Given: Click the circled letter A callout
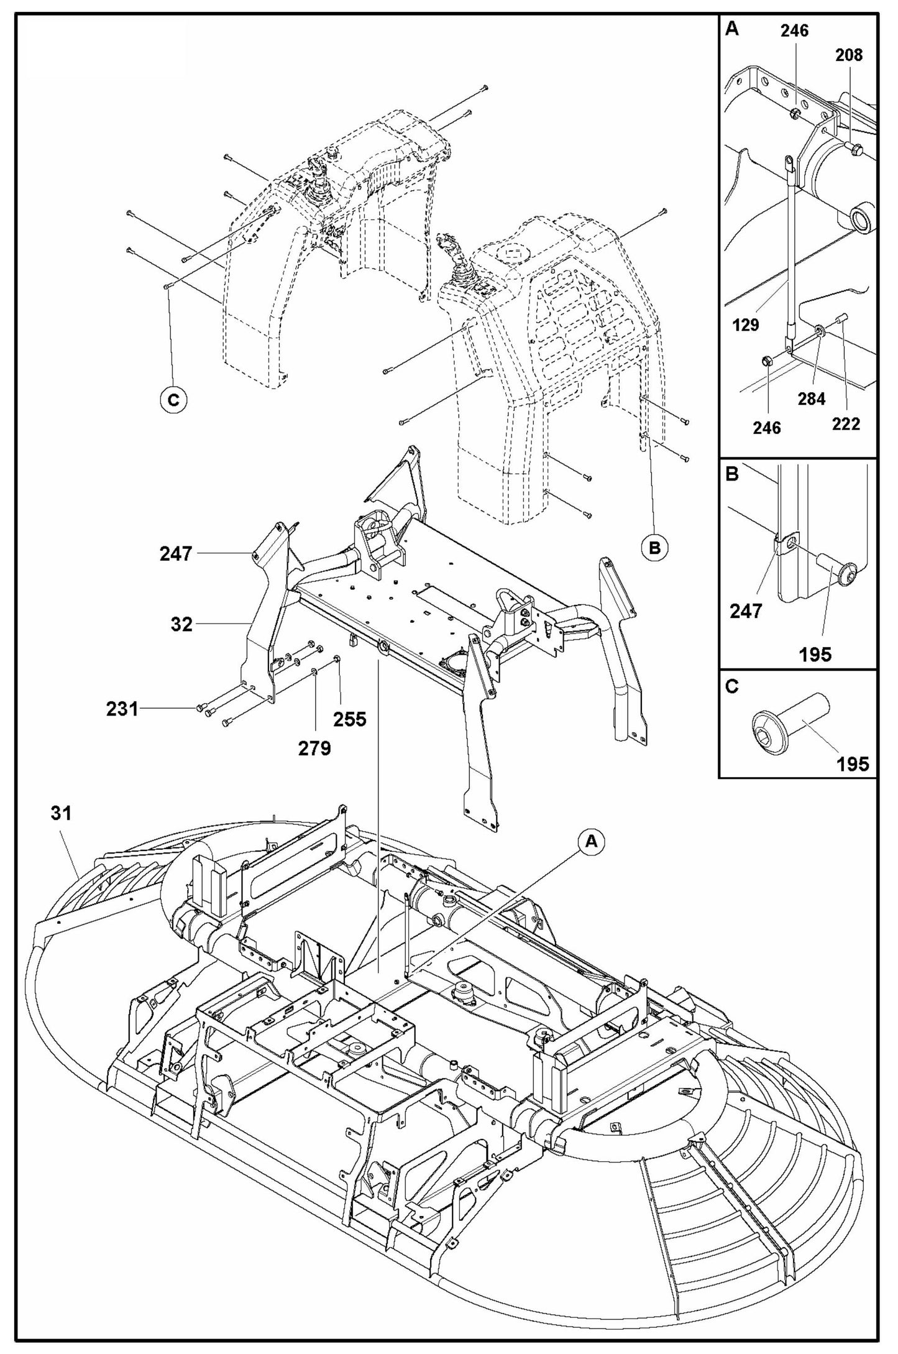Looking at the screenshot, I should tap(591, 841).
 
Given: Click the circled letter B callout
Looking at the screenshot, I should tap(654, 548).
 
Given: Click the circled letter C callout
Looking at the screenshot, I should tap(173, 400).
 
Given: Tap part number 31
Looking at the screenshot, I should tap(62, 813).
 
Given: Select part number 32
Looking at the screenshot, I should tap(181, 624).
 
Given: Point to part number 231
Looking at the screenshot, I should tap(122, 708).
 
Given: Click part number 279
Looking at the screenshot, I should tap(314, 748).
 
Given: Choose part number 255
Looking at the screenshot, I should tap(349, 719).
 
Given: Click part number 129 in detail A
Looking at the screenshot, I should tap(746, 325).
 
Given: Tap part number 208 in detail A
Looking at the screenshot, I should tap(849, 55).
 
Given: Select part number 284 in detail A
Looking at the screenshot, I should tap(812, 398).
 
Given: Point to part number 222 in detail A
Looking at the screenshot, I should tap(846, 424).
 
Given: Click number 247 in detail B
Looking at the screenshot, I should tap(746, 611).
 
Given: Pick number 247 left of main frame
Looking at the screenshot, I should tap(176, 553).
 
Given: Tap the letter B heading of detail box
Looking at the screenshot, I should tap(732, 475).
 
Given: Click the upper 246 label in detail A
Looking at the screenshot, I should tap(795, 30).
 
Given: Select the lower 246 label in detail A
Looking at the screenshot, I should tap(767, 428).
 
